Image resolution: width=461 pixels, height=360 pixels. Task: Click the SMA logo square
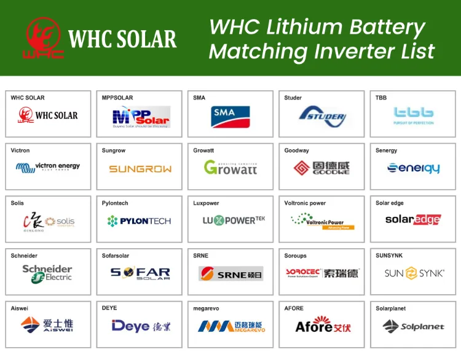[x=224, y=117]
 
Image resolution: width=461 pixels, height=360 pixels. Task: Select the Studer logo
[x=323, y=116]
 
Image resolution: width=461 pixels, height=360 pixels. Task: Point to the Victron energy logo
[x=48, y=166]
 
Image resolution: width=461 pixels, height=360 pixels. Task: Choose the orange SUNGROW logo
[x=140, y=169]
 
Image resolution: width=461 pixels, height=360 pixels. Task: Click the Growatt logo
[x=230, y=167]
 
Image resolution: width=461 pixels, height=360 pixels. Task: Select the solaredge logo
[x=413, y=219]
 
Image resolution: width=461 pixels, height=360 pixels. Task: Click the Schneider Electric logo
[x=47, y=273]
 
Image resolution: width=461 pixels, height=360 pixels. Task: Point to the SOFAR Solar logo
[x=140, y=273]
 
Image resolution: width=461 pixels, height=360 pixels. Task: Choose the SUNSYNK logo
[x=414, y=273]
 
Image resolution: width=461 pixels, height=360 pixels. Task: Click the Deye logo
[x=141, y=326]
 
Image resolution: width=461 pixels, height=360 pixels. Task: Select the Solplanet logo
[x=413, y=326]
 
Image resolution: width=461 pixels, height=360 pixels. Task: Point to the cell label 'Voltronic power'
[x=305, y=203]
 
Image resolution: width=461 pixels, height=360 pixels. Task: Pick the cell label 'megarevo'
[x=207, y=308]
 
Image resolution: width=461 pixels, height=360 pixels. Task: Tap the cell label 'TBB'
[x=381, y=98]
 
